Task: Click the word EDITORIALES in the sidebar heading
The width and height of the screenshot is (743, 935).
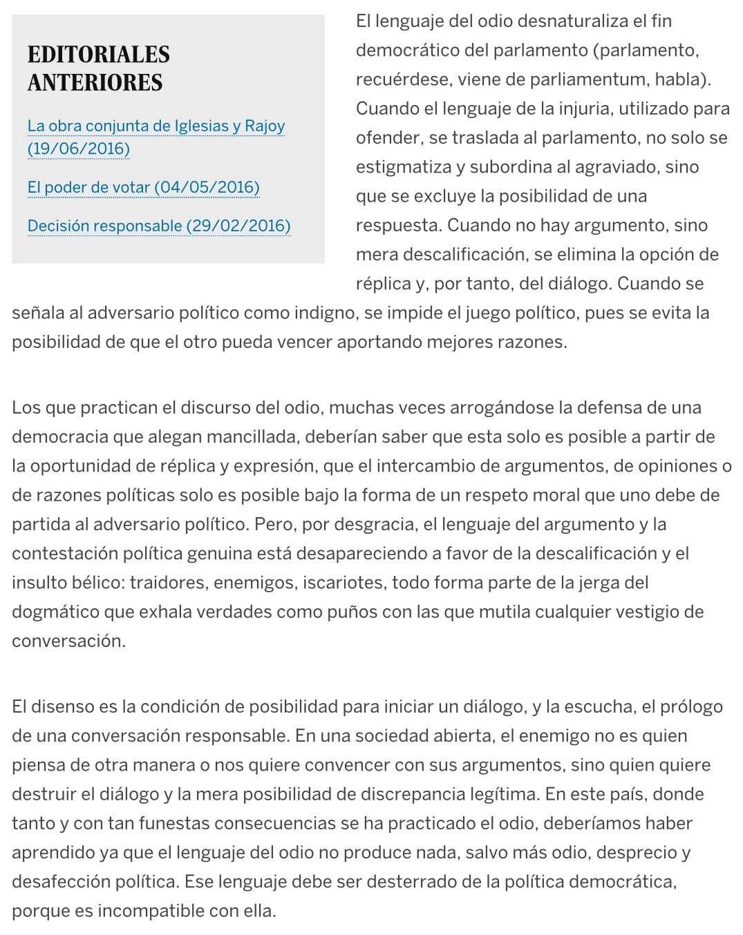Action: (x=98, y=55)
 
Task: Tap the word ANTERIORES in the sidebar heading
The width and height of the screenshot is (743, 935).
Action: (x=95, y=82)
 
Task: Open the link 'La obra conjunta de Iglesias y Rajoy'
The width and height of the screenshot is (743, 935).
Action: (x=156, y=126)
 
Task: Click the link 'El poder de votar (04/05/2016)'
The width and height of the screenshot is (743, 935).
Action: (x=143, y=187)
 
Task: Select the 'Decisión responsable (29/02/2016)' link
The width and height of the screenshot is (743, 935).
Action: (x=158, y=226)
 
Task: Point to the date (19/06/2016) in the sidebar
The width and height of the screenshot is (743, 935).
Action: (x=78, y=148)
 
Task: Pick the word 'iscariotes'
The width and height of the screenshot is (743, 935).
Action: (x=348, y=583)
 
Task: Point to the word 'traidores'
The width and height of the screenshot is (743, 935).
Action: (x=169, y=583)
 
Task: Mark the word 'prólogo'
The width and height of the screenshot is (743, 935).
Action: (x=691, y=707)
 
